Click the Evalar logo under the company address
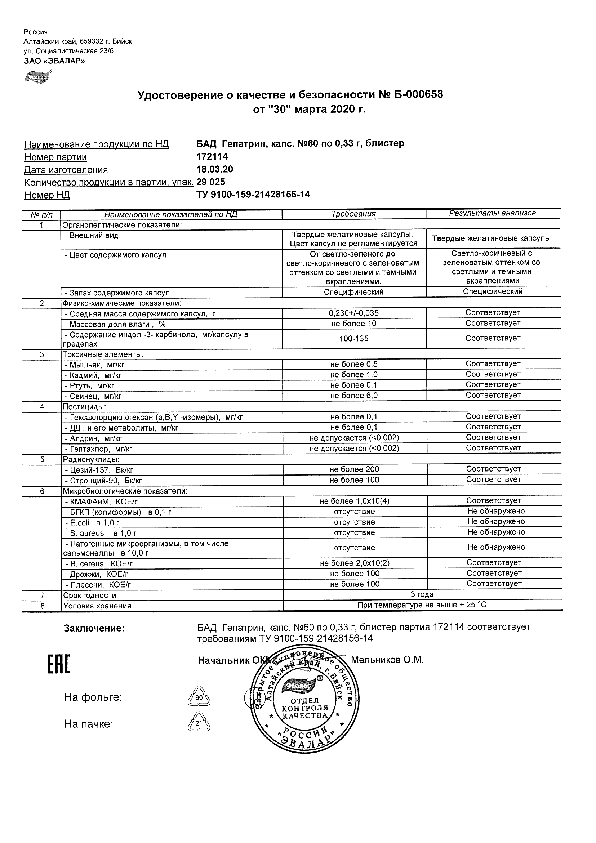point(37,77)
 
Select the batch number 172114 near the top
point(212,157)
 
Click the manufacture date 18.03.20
point(214,169)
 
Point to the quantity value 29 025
point(211,182)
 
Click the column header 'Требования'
point(353,214)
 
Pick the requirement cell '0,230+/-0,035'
point(353,313)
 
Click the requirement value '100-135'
point(353,339)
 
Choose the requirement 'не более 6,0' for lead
point(353,396)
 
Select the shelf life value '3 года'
point(422,594)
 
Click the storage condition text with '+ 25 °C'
point(422,605)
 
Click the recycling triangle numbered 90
point(199,696)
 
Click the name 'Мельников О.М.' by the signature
point(387,660)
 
